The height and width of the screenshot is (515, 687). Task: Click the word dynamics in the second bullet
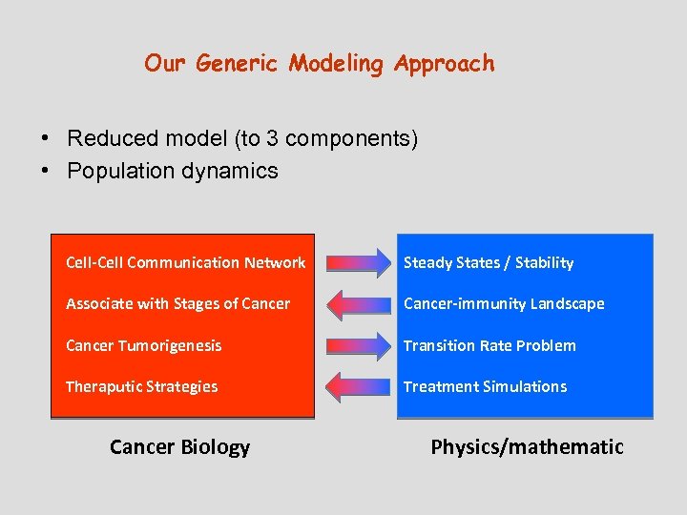pos(235,172)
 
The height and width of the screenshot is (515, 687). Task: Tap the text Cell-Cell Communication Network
pos(185,262)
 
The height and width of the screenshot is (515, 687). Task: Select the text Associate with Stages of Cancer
pos(177,303)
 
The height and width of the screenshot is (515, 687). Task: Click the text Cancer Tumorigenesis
pos(143,345)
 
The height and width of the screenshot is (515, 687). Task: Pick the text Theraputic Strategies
pos(141,386)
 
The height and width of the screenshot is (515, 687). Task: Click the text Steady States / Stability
pos(489,262)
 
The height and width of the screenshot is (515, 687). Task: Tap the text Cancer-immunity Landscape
pos(504,303)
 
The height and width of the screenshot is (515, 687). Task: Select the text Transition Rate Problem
pos(489,345)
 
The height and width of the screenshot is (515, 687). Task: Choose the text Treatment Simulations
pos(485,386)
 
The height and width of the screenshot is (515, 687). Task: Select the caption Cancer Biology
pos(179,446)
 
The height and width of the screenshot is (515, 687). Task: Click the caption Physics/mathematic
pos(527,446)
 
